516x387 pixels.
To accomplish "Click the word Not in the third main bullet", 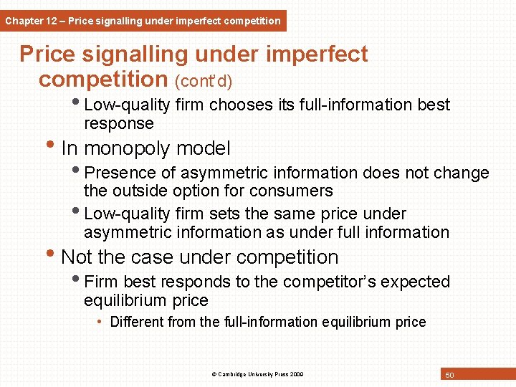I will point(78,257).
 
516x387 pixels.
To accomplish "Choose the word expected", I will point(415,282).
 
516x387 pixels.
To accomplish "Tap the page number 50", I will point(450,375).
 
